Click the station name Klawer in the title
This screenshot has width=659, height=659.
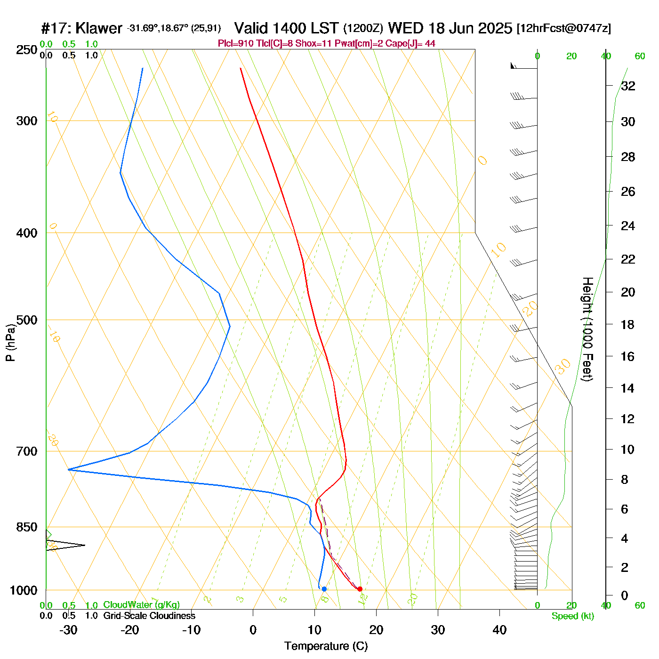(x=98, y=28)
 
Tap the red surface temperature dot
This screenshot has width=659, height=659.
(x=360, y=589)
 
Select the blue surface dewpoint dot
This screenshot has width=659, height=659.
(x=324, y=589)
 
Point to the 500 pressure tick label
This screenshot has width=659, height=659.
(x=27, y=320)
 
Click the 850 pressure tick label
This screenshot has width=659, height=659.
(x=27, y=527)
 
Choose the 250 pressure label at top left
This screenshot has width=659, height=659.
(x=27, y=50)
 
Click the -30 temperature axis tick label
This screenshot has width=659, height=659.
(x=68, y=630)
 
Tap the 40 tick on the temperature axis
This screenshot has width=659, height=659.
(x=499, y=630)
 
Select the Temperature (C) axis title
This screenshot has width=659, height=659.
(x=326, y=646)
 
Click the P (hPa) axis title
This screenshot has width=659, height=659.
(x=10, y=343)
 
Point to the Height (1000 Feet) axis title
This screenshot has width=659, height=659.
(x=587, y=329)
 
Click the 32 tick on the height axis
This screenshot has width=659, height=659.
(x=628, y=86)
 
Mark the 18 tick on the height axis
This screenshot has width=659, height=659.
(x=628, y=324)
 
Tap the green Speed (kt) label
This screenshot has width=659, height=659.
(x=572, y=616)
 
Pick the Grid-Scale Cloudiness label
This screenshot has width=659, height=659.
(x=149, y=616)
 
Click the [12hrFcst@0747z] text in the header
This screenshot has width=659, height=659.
(x=563, y=28)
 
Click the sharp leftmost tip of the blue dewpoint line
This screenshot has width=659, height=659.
(x=68, y=469)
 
